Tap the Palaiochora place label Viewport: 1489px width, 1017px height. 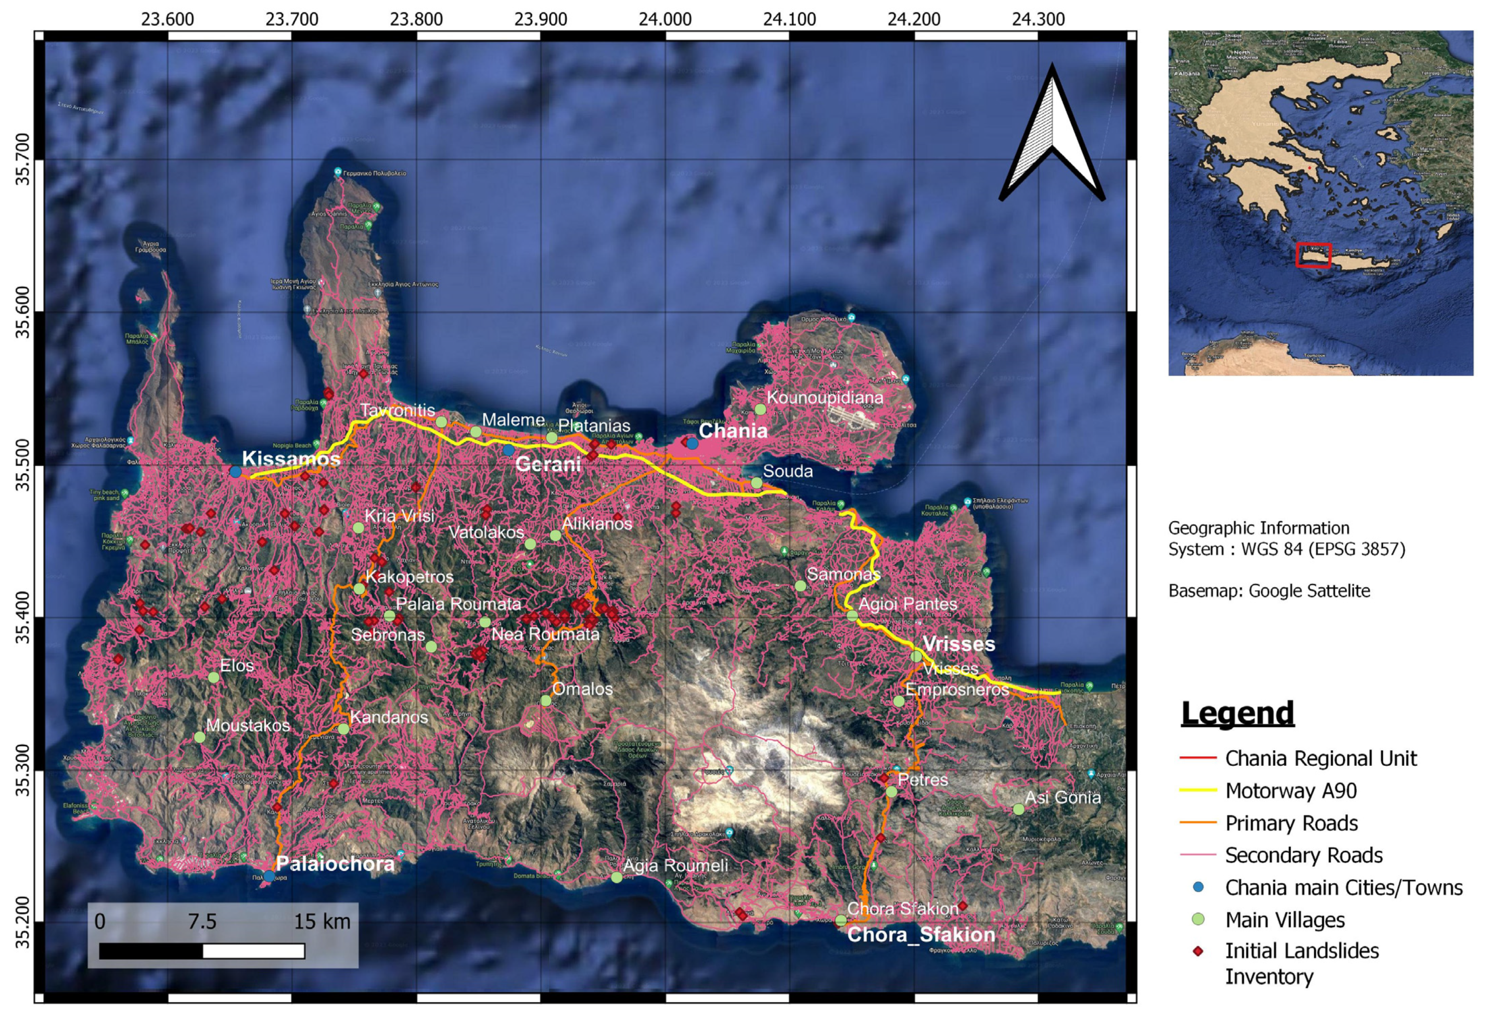coord(335,864)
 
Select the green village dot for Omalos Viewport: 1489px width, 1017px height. coord(546,701)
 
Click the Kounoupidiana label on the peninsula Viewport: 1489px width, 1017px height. coord(824,397)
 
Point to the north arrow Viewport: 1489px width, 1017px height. coord(1051,134)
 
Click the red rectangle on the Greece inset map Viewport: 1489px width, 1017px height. coord(1313,255)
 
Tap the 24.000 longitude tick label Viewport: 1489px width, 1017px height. coord(665,19)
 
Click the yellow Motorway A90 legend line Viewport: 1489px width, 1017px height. coord(1198,790)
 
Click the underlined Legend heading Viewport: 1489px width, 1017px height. coord(1237,713)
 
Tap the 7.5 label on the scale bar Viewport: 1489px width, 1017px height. coord(202,922)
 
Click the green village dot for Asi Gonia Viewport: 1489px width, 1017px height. coord(1019,809)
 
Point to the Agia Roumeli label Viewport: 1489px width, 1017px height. coord(676,866)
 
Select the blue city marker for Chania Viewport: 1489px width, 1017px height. coord(693,443)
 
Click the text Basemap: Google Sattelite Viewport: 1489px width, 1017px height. coord(1269,590)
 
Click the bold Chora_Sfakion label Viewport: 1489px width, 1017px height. coord(921,935)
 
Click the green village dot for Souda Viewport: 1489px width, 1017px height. coord(757,483)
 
